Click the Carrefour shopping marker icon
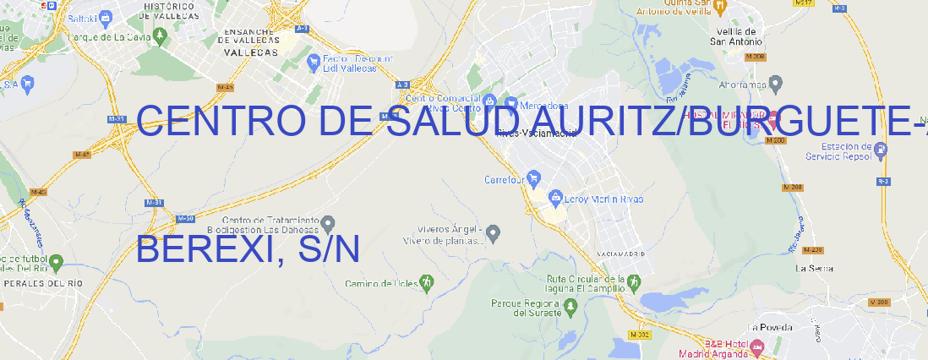(534, 179)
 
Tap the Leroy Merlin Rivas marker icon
(555, 199)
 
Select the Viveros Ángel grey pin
(494, 232)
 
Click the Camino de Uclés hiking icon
(427, 282)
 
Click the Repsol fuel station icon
(882, 150)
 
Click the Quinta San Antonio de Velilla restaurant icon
(720, 6)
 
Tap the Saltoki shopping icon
(106, 16)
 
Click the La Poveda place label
(769, 327)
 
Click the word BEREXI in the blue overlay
(199, 249)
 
